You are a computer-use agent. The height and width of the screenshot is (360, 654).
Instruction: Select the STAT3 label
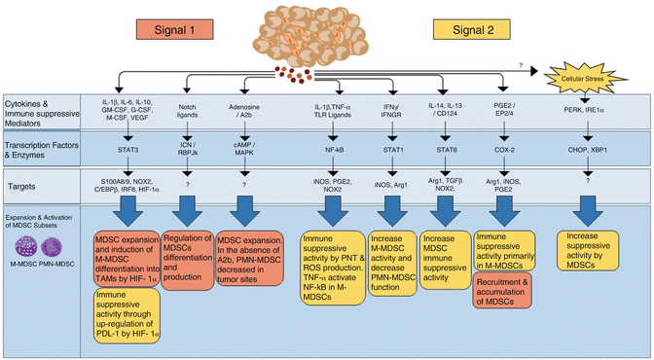click(x=128, y=151)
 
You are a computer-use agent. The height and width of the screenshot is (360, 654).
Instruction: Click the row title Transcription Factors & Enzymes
click(x=40, y=151)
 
